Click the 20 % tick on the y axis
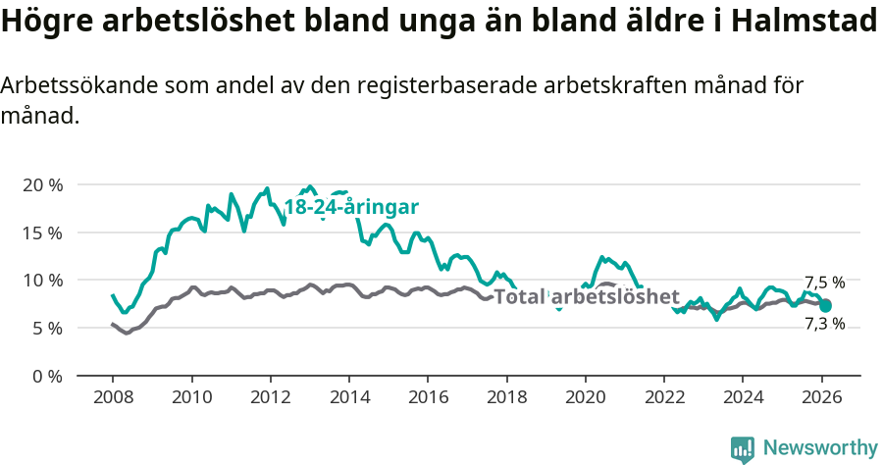[x=42, y=185]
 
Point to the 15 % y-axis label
[x=42, y=233]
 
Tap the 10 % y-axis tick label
[x=42, y=281]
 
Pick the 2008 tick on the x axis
[x=113, y=398]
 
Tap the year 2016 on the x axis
[x=428, y=398]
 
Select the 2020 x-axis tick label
[x=586, y=398]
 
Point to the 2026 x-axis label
[x=821, y=398]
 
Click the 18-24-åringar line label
[x=351, y=207]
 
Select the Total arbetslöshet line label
[x=587, y=297]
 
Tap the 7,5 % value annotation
[x=824, y=283]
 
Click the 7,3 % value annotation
[x=824, y=324]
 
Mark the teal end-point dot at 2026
[x=826, y=306]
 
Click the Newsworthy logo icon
[x=742, y=449]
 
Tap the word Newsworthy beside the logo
[x=819, y=448]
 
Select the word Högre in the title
[x=45, y=22]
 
